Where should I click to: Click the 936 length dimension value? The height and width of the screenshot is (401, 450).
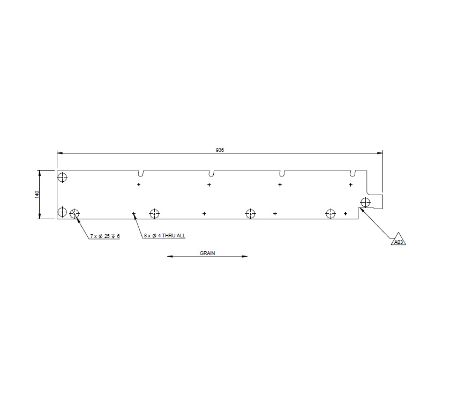pyautogui.click(x=220, y=150)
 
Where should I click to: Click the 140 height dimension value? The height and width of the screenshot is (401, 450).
pyautogui.click(x=37, y=195)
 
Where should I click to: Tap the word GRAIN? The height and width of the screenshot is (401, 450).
pyautogui.click(x=207, y=253)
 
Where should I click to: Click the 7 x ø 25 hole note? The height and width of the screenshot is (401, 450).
pyautogui.click(x=105, y=236)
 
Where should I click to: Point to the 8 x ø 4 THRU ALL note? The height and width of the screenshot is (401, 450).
pyautogui.click(x=164, y=236)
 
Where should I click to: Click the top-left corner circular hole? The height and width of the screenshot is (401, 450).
pyautogui.click(x=63, y=177)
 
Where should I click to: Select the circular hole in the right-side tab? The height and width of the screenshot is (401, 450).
pyautogui.click(x=365, y=202)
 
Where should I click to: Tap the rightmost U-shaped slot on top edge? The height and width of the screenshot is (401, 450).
pyautogui.click(x=353, y=174)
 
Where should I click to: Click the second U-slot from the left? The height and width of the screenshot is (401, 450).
pyautogui.click(x=212, y=174)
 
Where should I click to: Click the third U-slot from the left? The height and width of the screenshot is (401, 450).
pyautogui.click(x=282, y=174)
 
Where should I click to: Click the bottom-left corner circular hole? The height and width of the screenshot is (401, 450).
pyautogui.click(x=63, y=212)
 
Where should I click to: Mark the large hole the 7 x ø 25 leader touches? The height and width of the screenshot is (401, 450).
pyautogui.click(x=74, y=214)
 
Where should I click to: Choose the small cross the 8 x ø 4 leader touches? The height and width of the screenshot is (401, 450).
pyautogui.click(x=134, y=214)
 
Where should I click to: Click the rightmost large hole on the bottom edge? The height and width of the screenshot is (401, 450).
pyautogui.click(x=330, y=214)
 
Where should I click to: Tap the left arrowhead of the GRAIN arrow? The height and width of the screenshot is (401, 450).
pyautogui.click(x=170, y=257)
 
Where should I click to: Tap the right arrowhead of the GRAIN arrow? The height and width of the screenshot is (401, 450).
pyautogui.click(x=245, y=257)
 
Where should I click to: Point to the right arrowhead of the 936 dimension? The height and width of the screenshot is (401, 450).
pyautogui.click(x=380, y=153)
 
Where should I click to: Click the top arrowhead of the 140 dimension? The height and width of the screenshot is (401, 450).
pyautogui.click(x=40, y=173)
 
